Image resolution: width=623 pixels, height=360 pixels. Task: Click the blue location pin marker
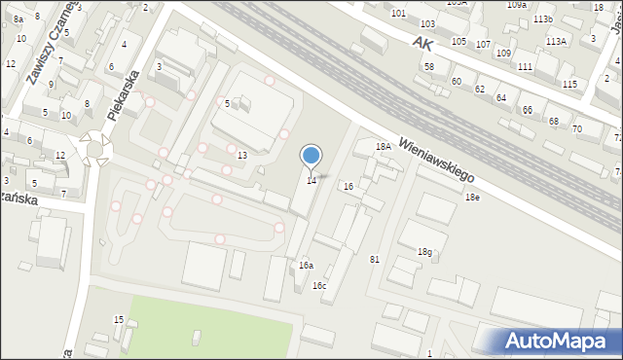[x=311, y=157]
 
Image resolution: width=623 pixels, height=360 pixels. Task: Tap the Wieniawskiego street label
[x=435, y=160]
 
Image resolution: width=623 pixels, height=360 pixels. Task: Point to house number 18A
[x=384, y=146]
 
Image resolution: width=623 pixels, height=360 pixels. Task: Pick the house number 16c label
[x=319, y=285]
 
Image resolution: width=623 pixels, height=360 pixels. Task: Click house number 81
[x=375, y=258]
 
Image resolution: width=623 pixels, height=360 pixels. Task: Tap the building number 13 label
[x=242, y=156]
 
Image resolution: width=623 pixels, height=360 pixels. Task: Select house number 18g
[x=424, y=252]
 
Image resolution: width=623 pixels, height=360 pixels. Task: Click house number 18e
[x=472, y=198]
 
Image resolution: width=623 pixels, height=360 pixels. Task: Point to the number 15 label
[x=119, y=319]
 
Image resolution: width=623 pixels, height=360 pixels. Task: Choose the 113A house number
[x=557, y=41]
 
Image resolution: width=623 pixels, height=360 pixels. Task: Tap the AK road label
[x=421, y=44]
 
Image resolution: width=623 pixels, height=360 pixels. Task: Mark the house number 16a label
[x=306, y=265]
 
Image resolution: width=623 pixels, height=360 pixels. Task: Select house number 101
[x=398, y=13]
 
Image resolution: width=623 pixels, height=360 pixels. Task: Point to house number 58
[x=429, y=66]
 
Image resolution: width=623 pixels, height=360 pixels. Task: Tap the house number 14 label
[x=311, y=180]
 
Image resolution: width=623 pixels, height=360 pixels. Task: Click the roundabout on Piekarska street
[x=96, y=148]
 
